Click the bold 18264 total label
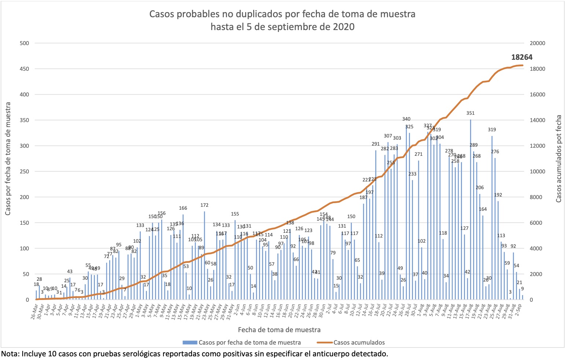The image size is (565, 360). (x=521, y=57)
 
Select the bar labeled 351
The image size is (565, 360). (x=470, y=209)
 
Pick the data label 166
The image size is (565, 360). (x=183, y=208)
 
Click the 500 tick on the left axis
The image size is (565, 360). (x=24, y=43)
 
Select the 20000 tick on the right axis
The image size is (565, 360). (x=538, y=43)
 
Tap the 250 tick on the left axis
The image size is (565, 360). (x=24, y=172)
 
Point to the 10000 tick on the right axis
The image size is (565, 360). (x=538, y=172)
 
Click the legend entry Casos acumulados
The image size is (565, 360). (x=359, y=342)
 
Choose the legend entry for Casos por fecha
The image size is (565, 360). (x=249, y=342)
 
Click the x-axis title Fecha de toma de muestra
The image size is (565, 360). (x=279, y=330)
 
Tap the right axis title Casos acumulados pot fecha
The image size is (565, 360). (x=558, y=159)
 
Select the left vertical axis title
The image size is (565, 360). (x=8, y=159)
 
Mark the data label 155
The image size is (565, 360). (x=235, y=214)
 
